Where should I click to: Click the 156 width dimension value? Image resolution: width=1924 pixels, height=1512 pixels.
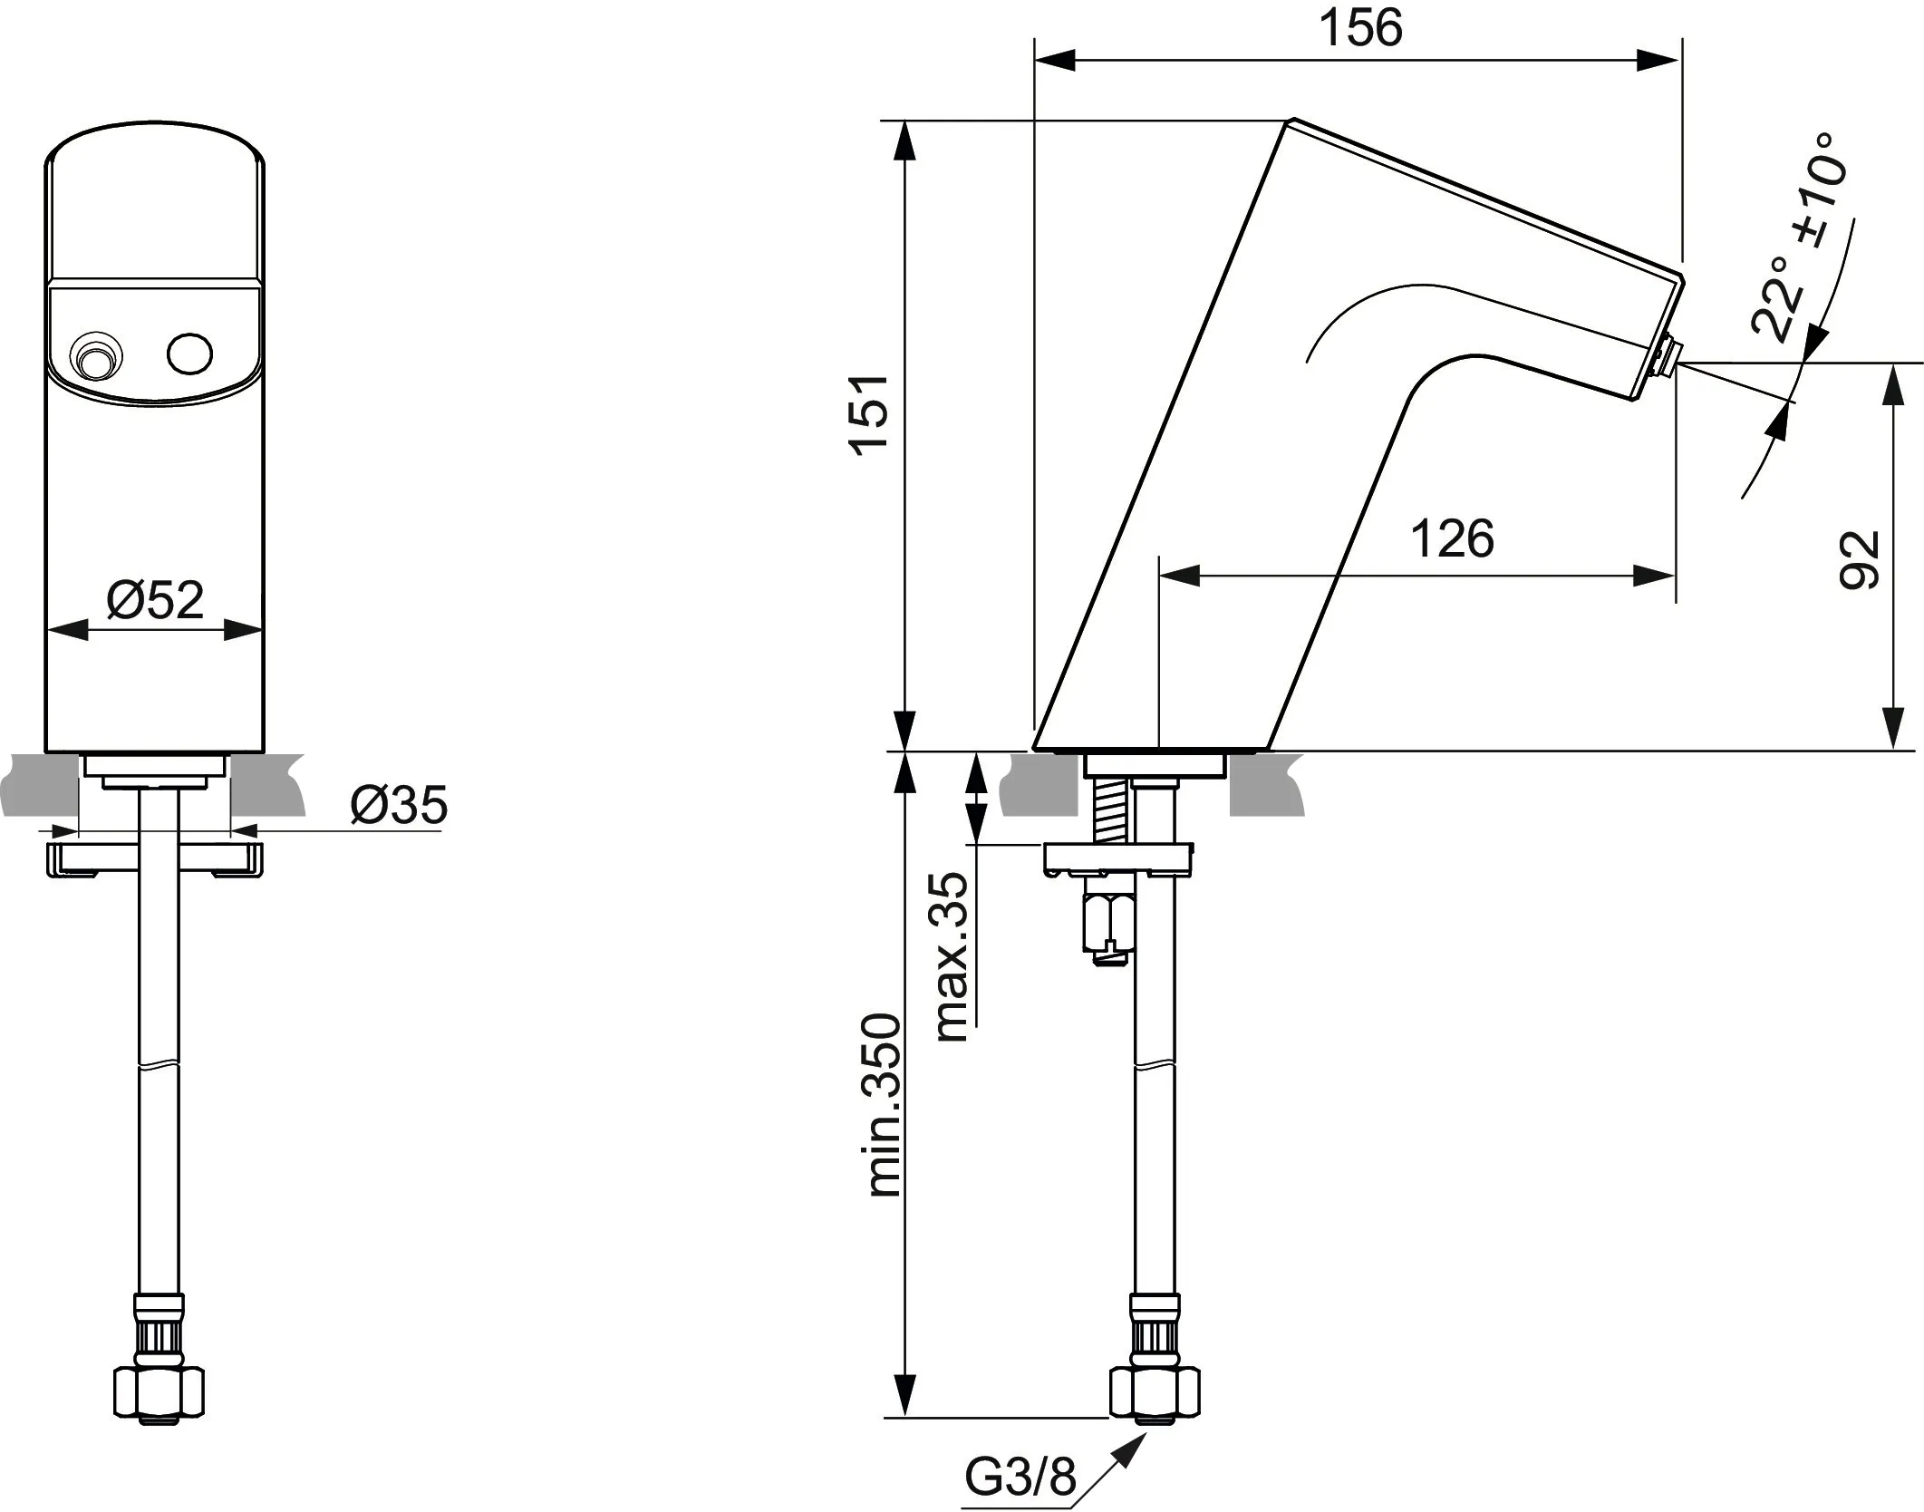[x=1359, y=29]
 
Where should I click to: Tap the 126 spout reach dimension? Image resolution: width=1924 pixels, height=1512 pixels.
[x=1451, y=539]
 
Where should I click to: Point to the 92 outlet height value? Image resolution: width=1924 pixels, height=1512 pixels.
[x=1860, y=560]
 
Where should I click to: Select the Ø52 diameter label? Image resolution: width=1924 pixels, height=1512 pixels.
[x=155, y=599]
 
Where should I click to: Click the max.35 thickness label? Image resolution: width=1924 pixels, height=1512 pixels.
[x=951, y=956]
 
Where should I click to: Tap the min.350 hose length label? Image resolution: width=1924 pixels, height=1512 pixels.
[x=884, y=1105]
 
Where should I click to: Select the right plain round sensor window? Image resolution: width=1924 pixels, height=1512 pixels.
[x=190, y=353]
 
